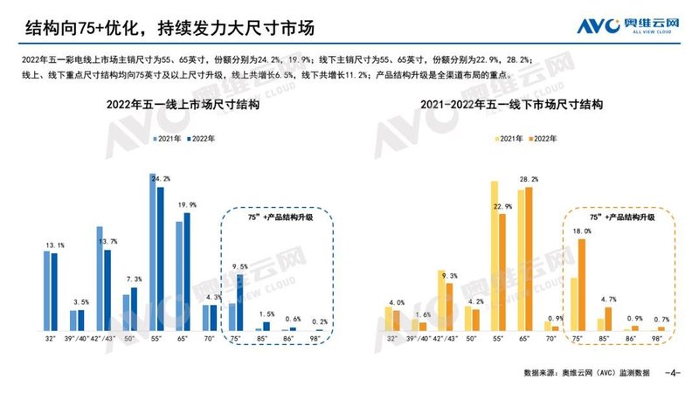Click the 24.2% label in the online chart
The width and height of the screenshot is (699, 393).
tap(161, 179)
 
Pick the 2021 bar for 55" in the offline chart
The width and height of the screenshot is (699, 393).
tap(494, 256)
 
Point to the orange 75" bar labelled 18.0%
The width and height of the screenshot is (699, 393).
tap(582, 286)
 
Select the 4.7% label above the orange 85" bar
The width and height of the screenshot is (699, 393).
tap(608, 299)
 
